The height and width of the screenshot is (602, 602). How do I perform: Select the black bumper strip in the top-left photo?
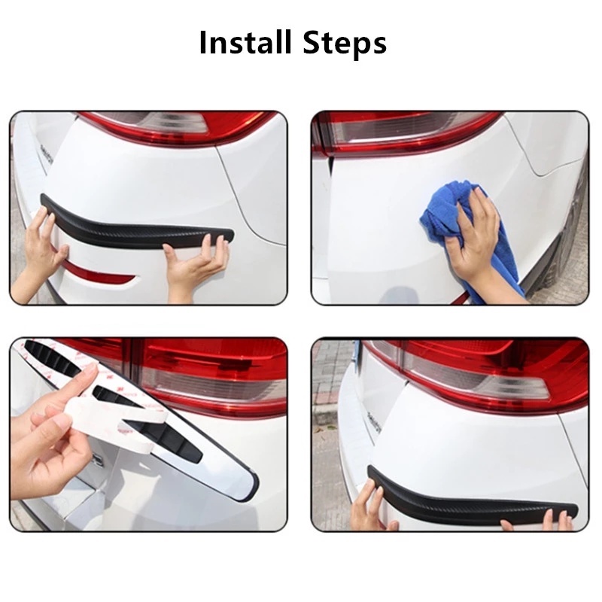[135, 222]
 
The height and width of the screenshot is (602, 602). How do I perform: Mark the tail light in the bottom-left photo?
[203, 376]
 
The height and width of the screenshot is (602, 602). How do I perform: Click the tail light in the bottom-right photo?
[482, 369]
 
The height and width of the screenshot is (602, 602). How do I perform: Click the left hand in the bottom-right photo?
[369, 500]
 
